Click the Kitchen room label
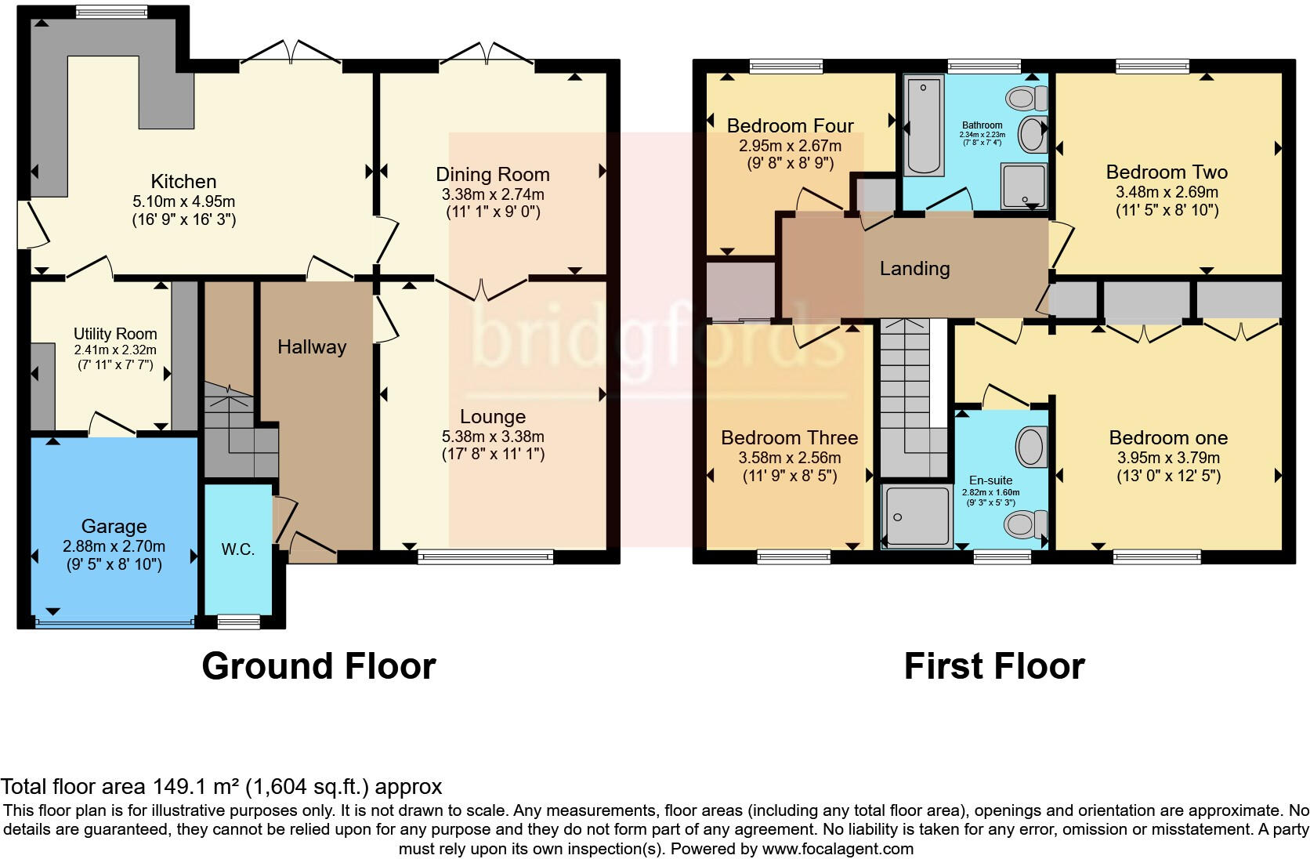183,181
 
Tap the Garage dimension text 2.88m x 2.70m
114,546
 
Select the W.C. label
237,549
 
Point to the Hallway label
312,347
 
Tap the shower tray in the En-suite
915,515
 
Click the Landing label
914,269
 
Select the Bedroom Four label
790,125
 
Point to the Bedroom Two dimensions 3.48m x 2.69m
1167,192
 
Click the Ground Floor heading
318,666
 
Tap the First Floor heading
993,666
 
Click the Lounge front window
486,557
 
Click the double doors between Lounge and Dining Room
482,290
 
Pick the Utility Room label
115,334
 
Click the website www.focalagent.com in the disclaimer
837,848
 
